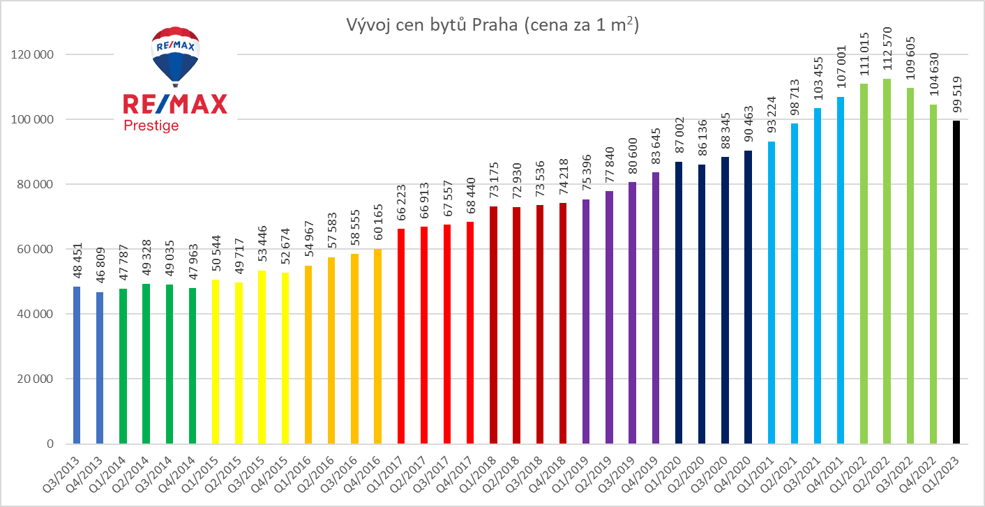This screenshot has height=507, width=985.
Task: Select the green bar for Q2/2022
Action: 887,261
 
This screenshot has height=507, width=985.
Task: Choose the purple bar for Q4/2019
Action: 655,308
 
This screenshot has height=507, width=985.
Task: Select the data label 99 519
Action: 956,96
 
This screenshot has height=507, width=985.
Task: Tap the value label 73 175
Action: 493,182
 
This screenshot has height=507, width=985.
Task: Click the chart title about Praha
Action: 492,26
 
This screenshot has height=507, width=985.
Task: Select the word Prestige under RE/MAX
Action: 151,126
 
